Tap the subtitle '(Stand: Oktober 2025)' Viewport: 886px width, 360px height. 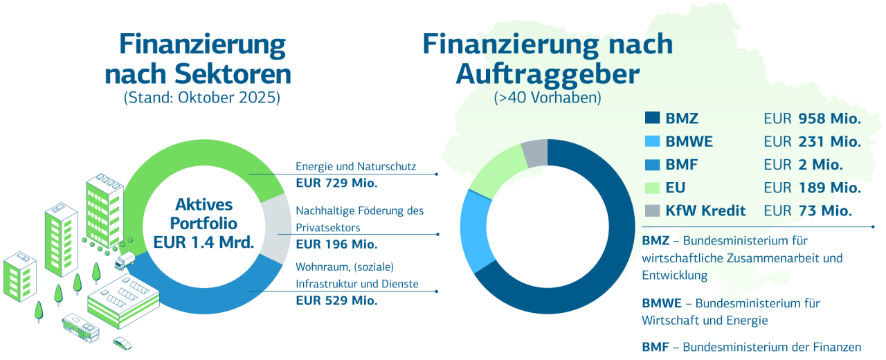(202, 98)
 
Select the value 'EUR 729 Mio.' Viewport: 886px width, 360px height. (336, 183)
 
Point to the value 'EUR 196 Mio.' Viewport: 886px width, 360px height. (336, 244)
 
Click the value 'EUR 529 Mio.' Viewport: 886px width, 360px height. (336, 300)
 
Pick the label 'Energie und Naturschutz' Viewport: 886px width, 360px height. (356, 166)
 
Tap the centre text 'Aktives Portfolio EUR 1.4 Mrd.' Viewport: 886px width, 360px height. (204, 224)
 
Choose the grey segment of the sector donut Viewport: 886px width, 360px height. (277, 228)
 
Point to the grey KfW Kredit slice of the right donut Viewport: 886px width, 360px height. (535, 153)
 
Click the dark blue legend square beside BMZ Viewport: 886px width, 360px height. (652, 118)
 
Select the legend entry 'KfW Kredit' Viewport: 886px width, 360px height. (705, 211)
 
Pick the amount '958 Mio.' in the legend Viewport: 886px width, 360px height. (829, 118)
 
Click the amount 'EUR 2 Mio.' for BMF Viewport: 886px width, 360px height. (803, 165)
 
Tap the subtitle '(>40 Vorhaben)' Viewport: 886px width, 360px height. (548, 98)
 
